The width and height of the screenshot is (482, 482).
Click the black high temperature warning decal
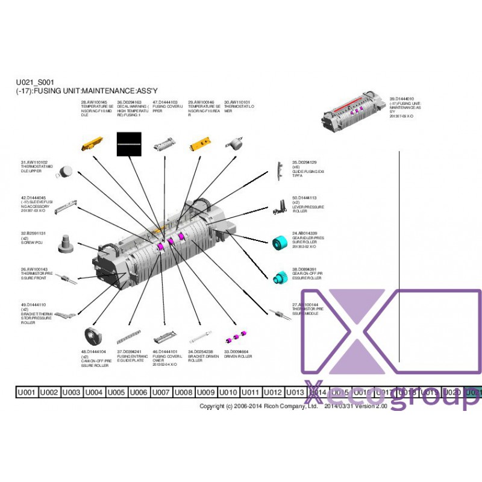click(x=128, y=145)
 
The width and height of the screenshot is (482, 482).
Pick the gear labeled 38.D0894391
click(x=278, y=278)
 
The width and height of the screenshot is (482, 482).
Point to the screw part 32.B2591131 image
click(x=66, y=245)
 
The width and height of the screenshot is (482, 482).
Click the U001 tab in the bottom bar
click(x=27, y=392)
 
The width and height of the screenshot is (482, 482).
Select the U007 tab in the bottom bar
click(x=161, y=392)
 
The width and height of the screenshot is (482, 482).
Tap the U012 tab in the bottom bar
click(x=272, y=392)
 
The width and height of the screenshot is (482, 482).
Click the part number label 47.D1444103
click(x=165, y=102)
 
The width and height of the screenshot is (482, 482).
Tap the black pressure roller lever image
click(x=279, y=207)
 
